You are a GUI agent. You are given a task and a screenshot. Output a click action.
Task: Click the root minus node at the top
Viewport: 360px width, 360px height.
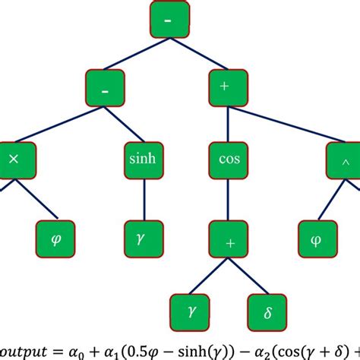(x=166, y=21)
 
